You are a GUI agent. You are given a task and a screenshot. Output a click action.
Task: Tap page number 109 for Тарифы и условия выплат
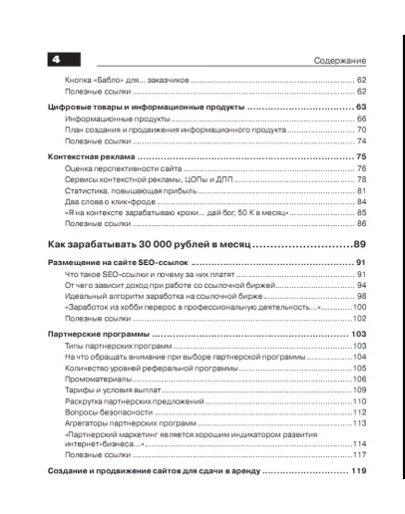359,390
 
